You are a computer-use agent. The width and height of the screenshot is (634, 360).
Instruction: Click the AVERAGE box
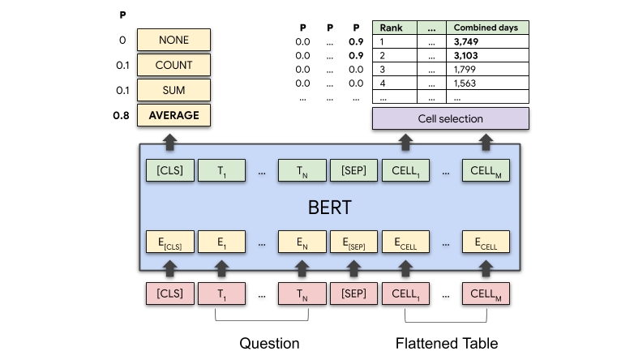(x=173, y=115)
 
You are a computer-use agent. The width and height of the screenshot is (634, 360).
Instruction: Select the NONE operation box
(x=173, y=40)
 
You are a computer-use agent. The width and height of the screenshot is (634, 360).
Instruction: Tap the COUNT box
(x=173, y=65)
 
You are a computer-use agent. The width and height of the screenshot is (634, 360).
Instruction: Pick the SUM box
(x=173, y=90)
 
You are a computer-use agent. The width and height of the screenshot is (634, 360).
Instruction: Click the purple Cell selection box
(x=450, y=118)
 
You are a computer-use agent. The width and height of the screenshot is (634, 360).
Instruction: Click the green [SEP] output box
(x=353, y=171)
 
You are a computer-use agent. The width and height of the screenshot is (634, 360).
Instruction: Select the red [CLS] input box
(x=169, y=293)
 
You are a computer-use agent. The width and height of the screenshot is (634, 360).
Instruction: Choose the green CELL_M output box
(x=486, y=171)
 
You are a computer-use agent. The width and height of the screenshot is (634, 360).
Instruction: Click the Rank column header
(x=392, y=28)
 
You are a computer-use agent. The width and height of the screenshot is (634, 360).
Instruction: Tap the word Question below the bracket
(x=269, y=343)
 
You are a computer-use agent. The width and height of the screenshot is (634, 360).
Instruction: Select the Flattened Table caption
(x=447, y=343)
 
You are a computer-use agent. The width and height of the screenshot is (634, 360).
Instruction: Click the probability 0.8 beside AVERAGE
(x=122, y=115)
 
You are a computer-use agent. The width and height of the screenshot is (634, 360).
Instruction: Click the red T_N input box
(x=302, y=293)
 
